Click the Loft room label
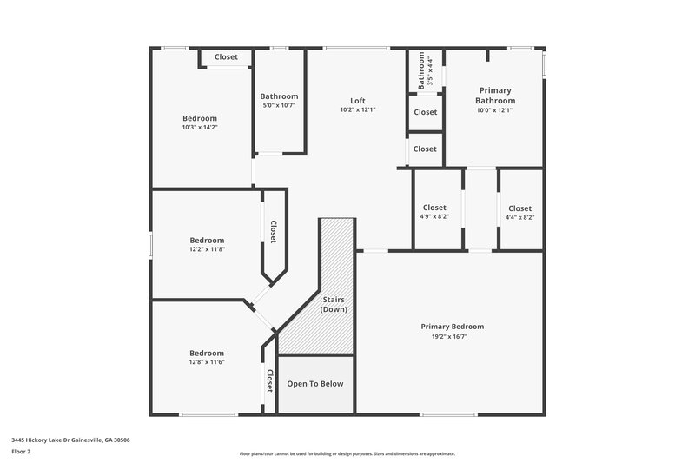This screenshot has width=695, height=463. tap(357, 100)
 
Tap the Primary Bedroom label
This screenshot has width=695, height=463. tap(452, 327)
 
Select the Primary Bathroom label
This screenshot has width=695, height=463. tap(495, 96)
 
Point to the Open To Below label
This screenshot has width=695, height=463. tap(315, 384)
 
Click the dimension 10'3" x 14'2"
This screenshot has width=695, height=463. tap(199, 128)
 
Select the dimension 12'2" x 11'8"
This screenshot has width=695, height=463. tap(207, 249)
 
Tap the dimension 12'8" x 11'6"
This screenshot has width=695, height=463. tap(207, 362)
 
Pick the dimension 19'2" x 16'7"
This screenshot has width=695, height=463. tap(452, 336)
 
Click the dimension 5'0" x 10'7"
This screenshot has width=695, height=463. tap(279, 106)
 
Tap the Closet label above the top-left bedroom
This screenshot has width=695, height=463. tap(226, 57)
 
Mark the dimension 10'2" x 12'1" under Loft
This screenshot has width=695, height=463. tap(357, 109)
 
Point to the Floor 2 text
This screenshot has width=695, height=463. tap(21, 452)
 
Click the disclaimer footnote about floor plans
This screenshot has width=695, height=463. tap(347, 453)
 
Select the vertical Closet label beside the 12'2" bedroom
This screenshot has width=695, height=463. tap(273, 231)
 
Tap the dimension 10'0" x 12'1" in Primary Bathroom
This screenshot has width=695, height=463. tap(495, 110)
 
